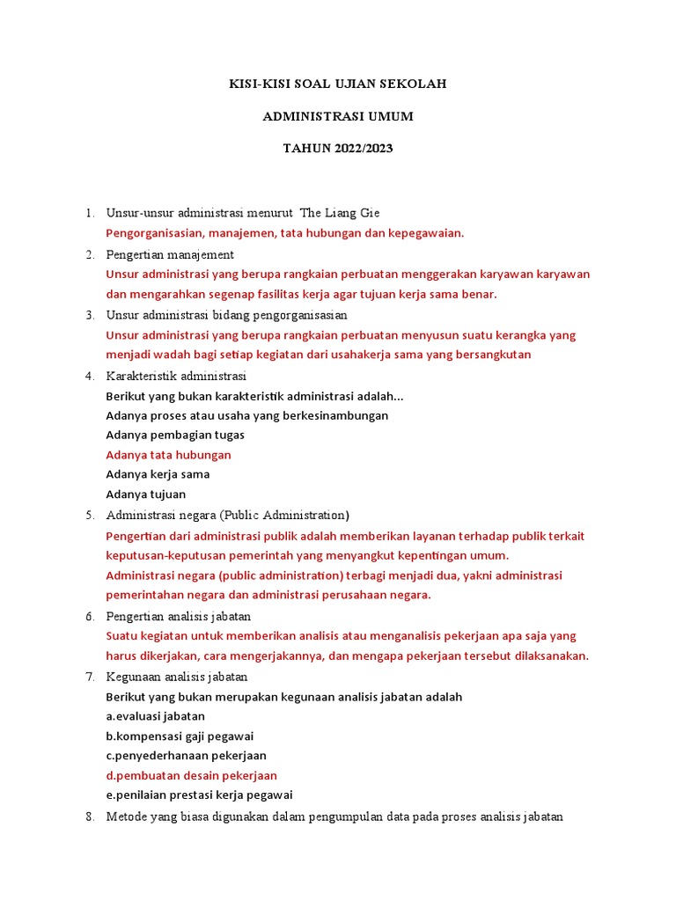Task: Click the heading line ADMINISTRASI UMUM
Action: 338,116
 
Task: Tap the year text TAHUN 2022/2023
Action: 338,148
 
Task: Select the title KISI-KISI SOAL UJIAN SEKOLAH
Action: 338,84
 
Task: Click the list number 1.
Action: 89,213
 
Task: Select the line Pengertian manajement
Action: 170,254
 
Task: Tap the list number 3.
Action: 89,314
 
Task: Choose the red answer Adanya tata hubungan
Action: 168,455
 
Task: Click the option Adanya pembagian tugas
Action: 175,435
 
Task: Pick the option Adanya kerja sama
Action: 158,474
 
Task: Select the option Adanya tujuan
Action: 146,494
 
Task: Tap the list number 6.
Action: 89,616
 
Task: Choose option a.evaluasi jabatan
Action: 155,716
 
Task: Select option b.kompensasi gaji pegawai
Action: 180,736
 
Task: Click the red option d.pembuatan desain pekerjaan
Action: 191,776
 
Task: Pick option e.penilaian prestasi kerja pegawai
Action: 199,795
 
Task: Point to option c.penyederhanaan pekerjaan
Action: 186,756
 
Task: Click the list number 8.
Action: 89,817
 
